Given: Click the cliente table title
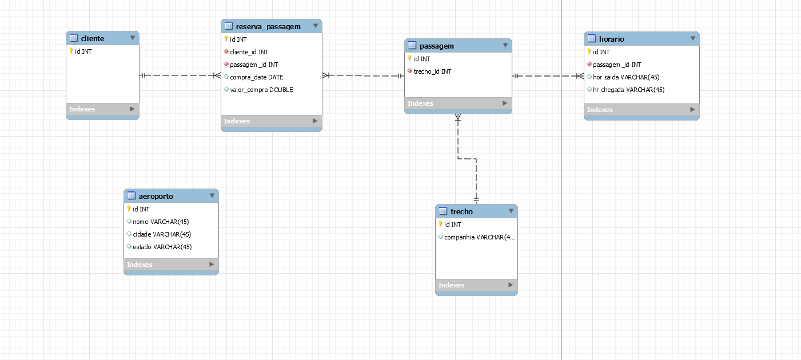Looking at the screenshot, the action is [92, 39].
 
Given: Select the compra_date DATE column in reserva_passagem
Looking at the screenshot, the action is [256, 77].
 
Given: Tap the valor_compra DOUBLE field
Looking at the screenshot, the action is [261, 90].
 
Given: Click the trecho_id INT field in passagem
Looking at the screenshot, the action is [432, 71].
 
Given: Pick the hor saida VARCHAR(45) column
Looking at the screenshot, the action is [626, 77].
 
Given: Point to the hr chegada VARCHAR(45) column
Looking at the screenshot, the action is [629, 90].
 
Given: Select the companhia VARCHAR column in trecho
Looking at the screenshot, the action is [480, 237].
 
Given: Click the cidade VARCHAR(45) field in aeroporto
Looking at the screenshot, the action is [162, 234].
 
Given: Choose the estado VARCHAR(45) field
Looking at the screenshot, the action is [162, 247].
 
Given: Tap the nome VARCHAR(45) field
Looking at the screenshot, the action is [161, 222].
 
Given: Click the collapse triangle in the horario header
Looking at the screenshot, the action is [692, 38].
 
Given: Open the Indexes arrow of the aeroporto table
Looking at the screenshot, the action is [212, 264].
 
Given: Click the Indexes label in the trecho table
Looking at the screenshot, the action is [451, 285].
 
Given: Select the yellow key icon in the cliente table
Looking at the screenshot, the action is [71, 51].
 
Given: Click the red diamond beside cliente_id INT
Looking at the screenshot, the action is [226, 51].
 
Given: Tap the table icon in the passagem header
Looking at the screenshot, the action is [412, 45].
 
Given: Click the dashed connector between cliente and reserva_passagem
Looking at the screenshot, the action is [180, 75].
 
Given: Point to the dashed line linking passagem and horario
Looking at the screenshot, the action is [548, 76].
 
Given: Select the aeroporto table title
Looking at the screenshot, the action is [156, 196].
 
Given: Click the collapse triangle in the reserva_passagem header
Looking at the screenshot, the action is [316, 26].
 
